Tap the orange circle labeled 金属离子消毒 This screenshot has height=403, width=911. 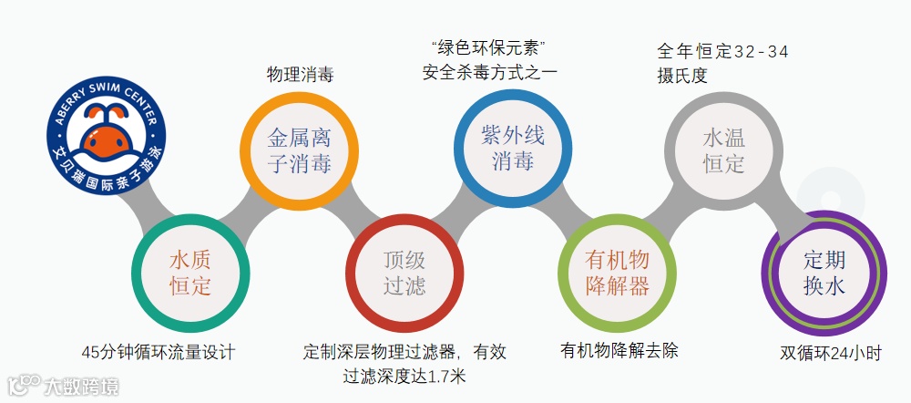[298, 151]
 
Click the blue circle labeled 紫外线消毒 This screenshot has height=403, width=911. [513, 149]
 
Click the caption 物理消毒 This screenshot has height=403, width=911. [300, 74]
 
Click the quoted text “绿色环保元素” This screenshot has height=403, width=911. [493, 46]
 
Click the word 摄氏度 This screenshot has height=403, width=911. [682, 76]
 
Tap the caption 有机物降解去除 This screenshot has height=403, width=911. [619, 351]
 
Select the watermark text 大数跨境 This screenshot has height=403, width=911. [81, 387]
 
